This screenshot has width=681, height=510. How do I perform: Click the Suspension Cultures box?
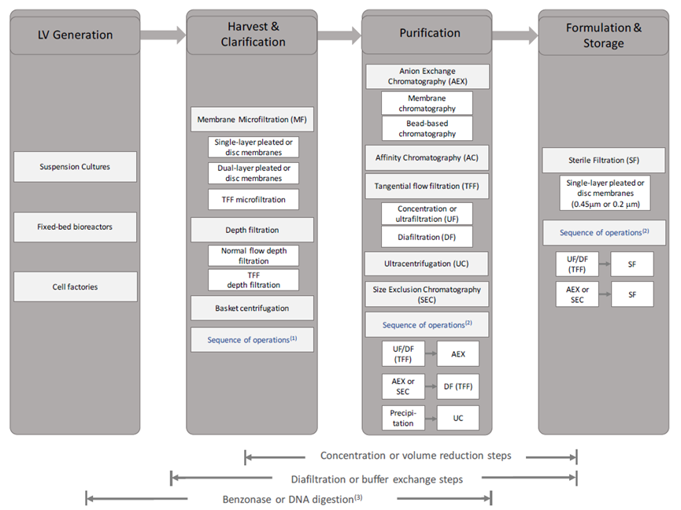pos(75,167)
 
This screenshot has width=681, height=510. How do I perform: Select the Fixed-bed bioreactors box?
pos(75,227)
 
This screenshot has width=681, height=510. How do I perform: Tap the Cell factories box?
pos(75,287)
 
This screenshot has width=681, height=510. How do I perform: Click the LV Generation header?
pos(75,35)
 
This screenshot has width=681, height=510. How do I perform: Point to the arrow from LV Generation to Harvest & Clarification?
pos(163,35)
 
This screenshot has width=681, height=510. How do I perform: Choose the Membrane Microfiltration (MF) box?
pos(252,120)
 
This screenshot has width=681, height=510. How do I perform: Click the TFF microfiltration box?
pos(254,200)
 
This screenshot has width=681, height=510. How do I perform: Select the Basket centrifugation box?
pos(252,309)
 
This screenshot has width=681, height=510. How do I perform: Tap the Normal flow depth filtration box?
pos(254,256)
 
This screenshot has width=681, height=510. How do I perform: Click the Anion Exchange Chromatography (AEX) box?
pos(427,76)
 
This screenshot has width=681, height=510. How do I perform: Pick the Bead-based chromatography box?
pos(427,128)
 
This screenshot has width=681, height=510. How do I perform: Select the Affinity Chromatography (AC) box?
pos(427,157)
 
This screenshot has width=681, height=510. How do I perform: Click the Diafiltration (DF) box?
pos(427,237)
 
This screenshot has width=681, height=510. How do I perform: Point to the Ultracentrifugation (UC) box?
pos(427,264)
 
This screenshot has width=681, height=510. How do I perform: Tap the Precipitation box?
pos(403,418)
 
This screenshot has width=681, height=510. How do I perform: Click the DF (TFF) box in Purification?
pos(458,386)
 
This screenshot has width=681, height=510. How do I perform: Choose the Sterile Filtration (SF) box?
pos(604,160)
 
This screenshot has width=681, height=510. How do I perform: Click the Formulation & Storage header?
pos(604,35)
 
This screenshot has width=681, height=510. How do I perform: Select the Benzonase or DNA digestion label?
pos(292,499)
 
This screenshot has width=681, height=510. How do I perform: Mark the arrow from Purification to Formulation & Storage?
pos(515,35)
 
